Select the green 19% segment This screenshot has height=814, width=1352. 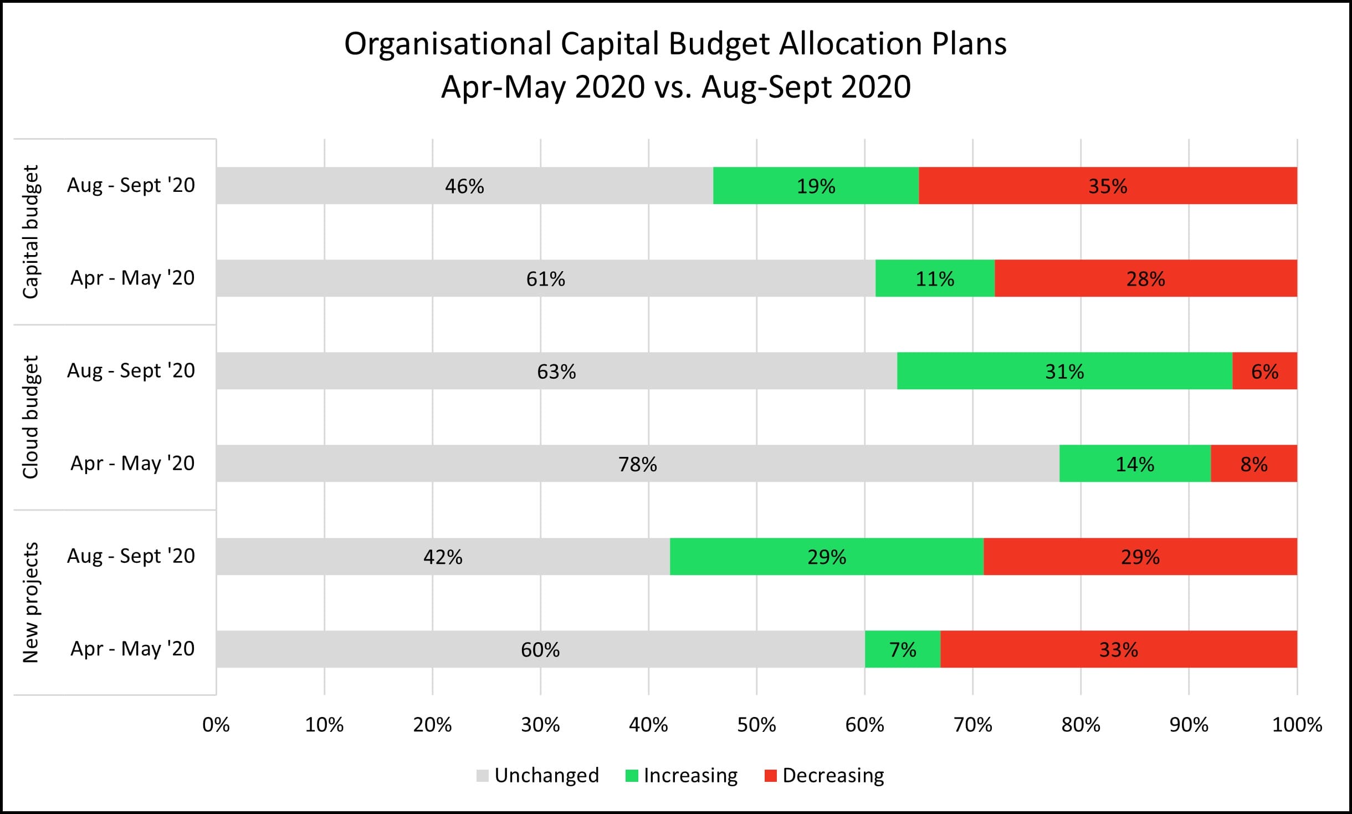coord(816,186)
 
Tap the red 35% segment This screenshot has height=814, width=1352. coord(1108,186)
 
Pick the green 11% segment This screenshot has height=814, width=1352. coord(935,278)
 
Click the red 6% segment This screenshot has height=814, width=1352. coord(1264,371)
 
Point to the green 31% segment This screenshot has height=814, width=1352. coord(1064,371)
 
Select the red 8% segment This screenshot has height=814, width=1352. coord(1253,464)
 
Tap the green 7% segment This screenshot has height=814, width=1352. coord(903,649)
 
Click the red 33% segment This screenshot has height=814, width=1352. coord(1119,649)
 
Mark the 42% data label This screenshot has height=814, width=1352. coord(443,557)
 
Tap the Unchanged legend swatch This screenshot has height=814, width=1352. coord(482,776)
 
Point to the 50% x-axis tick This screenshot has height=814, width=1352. coord(756,725)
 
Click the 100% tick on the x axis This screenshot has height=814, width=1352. coord(1297,725)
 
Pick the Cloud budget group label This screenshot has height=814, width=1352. coord(30,417)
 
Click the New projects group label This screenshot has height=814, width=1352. coord(30,603)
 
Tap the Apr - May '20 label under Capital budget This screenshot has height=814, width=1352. coord(132,278)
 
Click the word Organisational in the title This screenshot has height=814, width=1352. coord(448,44)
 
